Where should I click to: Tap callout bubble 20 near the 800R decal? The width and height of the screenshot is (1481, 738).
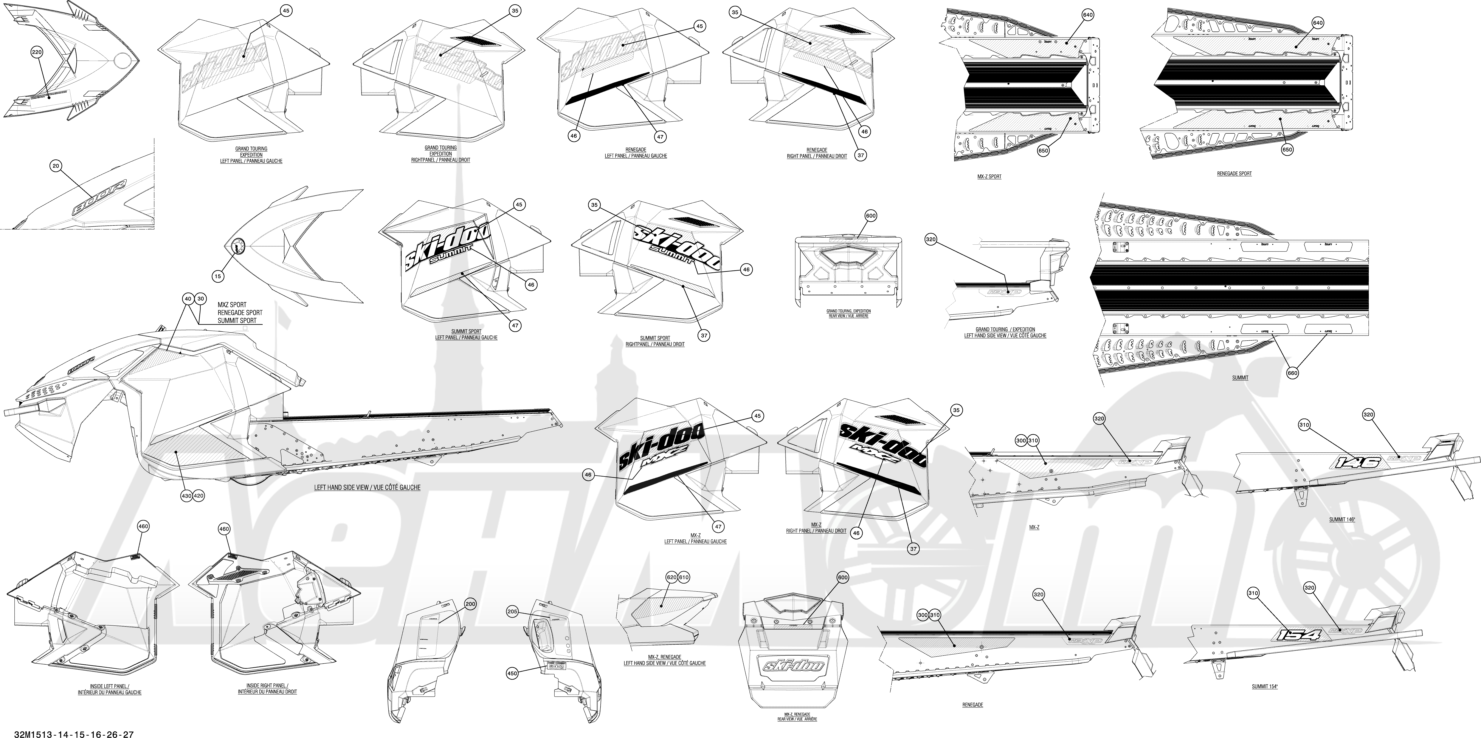tap(56, 166)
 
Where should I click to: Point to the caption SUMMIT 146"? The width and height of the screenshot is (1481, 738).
tap(1342, 519)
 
